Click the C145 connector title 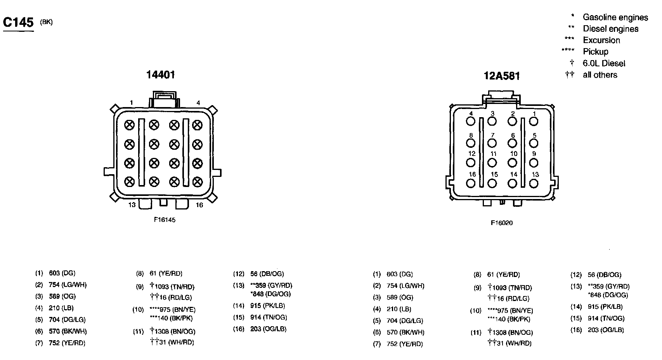[x=18, y=22]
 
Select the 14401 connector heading [x=160, y=74]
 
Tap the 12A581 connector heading [x=501, y=76]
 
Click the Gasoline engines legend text [x=615, y=17]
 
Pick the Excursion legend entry [x=601, y=40]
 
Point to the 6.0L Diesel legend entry [x=604, y=63]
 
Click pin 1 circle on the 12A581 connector [x=534, y=121]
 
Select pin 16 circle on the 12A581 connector [x=471, y=183]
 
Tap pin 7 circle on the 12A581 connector [x=492, y=143]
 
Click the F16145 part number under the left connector [x=165, y=220]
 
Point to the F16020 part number [x=501, y=223]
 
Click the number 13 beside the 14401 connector [x=132, y=205]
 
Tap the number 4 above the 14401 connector [x=198, y=103]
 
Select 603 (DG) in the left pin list [x=62, y=273]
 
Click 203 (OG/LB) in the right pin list [x=605, y=330]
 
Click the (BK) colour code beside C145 [x=46, y=22]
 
